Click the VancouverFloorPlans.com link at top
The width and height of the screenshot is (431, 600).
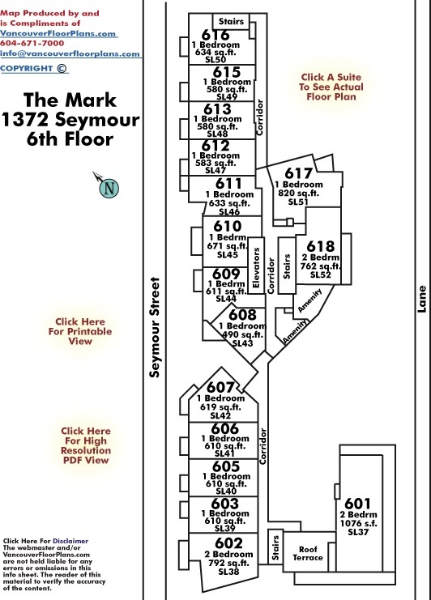click(x=58, y=33)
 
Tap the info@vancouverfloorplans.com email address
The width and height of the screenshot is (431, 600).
click(x=70, y=53)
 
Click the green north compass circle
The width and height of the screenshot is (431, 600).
click(x=109, y=189)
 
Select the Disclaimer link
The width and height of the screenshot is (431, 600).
click(x=70, y=541)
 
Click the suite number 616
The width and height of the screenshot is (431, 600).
click(x=215, y=35)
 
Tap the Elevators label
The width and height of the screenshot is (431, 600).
click(x=256, y=267)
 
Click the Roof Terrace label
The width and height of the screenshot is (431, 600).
click(x=308, y=553)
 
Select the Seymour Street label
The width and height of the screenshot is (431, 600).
click(x=154, y=327)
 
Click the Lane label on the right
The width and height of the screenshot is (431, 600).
click(x=421, y=299)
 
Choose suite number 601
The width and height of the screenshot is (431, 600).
click(x=357, y=503)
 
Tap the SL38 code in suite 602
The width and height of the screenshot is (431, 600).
click(x=228, y=572)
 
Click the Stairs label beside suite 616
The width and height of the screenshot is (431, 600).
click(x=231, y=22)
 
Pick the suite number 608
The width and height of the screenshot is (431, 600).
click(x=242, y=315)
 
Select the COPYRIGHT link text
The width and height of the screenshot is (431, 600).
click(x=27, y=69)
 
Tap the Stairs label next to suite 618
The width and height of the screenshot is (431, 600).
click(x=287, y=266)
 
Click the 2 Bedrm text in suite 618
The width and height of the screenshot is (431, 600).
click(x=320, y=257)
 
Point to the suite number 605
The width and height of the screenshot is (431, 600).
click(x=226, y=466)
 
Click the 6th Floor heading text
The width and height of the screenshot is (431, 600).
click(x=70, y=138)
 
